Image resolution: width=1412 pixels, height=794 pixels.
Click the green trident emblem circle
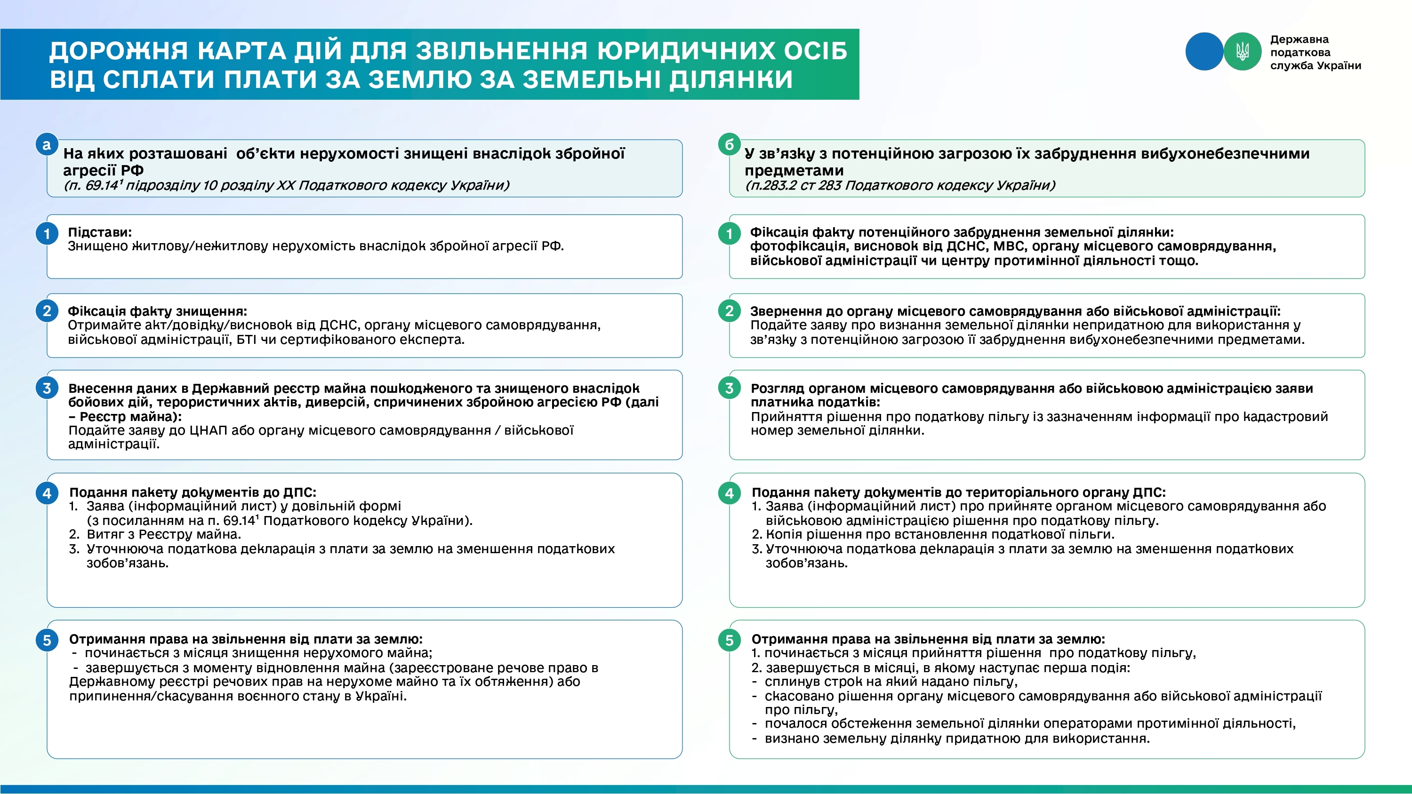(x=1242, y=52)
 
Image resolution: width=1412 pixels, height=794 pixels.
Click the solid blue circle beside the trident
(x=1204, y=52)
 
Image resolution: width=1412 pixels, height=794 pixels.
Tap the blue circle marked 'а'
(x=47, y=145)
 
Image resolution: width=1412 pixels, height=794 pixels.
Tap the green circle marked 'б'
(x=729, y=145)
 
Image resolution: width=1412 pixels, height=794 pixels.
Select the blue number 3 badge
(x=47, y=388)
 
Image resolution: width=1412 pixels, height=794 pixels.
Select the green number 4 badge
(x=729, y=492)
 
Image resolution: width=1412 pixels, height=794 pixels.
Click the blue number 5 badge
(x=47, y=640)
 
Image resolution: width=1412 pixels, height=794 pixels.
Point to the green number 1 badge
(x=729, y=234)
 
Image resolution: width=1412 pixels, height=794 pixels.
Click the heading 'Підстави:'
(x=100, y=232)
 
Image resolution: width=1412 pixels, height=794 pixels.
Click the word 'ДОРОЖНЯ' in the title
(x=119, y=51)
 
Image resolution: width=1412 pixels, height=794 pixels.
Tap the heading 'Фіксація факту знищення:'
(x=157, y=311)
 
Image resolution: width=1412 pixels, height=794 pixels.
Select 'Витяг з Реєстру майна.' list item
(x=164, y=534)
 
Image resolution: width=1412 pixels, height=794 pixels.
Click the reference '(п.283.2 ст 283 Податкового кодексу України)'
(x=900, y=185)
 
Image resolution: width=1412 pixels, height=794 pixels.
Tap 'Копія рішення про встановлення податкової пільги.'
(x=940, y=534)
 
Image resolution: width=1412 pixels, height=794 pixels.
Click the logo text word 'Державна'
(x=1299, y=40)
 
